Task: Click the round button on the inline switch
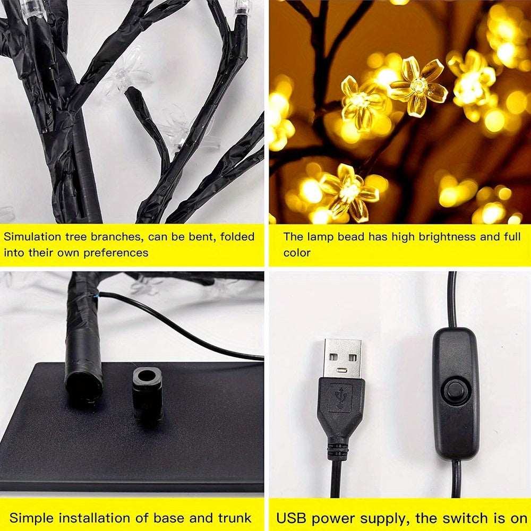point(455,390)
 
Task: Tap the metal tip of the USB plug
point(343,358)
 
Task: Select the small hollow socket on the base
point(147,380)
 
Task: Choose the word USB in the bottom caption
point(291,518)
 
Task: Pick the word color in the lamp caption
point(297,253)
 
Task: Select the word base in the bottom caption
point(166,518)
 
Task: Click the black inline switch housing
point(455,393)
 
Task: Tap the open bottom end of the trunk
point(83,387)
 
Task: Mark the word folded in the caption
point(233,237)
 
